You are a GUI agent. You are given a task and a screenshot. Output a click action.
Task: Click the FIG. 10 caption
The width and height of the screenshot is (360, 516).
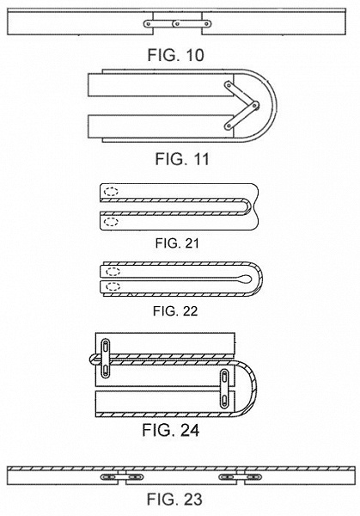(175, 55)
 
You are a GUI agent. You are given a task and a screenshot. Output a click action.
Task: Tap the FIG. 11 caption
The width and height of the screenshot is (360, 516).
(182, 159)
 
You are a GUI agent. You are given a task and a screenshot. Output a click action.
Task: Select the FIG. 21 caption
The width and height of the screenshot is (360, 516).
(177, 243)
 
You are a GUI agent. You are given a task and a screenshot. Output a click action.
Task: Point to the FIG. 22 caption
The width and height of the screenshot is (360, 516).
(175, 311)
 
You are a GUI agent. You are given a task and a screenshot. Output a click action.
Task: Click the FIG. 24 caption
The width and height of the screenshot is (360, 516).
(171, 430)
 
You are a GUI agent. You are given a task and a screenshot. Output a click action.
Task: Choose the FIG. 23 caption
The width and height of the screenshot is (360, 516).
(174, 499)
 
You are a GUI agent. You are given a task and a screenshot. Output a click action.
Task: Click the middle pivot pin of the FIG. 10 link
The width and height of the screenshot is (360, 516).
(177, 24)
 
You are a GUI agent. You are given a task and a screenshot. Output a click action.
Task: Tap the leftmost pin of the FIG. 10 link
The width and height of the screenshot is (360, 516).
(149, 24)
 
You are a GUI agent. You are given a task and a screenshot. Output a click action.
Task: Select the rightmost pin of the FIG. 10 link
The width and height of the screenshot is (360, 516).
(207, 24)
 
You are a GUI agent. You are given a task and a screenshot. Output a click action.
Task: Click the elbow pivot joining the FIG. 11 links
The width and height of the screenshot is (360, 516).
(255, 106)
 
